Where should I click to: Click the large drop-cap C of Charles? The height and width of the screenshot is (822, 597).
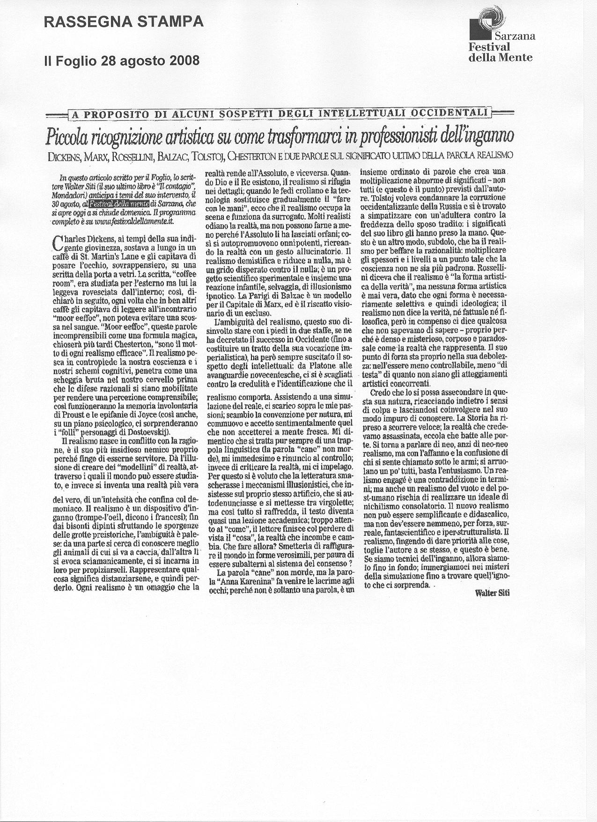point(58,242)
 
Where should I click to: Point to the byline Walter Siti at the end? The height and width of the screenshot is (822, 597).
point(492,593)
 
